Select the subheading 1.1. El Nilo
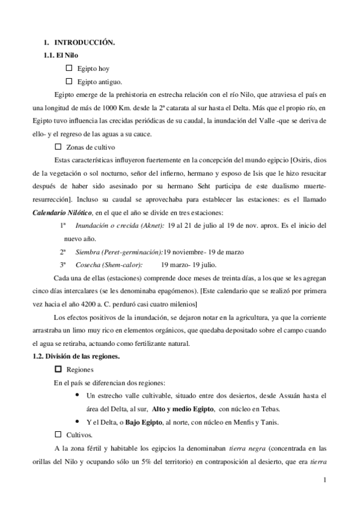(58, 56)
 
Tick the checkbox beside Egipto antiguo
(69, 81)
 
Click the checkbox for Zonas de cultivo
(58, 146)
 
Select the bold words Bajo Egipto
(144, 422)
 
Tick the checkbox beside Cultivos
(58, 434)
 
